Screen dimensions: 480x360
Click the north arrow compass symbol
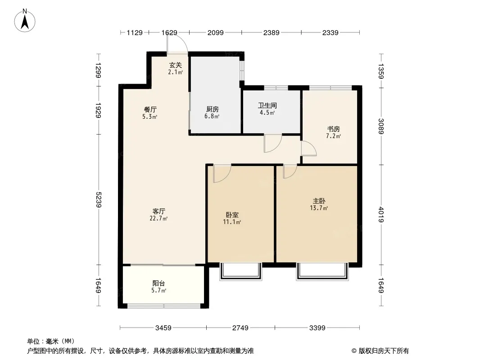(25, 21)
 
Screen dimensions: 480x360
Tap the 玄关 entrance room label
(176, 65)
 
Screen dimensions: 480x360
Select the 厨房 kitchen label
(212, 109)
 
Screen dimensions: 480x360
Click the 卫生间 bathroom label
(267, 105)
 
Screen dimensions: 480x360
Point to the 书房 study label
(333, 129)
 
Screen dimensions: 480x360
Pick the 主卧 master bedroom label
(319, 201)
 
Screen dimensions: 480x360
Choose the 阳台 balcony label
(158, 283)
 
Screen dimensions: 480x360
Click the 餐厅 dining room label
(150, 109)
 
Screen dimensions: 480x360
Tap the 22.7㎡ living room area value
(158, 218)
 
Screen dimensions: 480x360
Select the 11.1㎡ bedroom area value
(232, 222)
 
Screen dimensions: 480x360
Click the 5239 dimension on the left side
(98, 199)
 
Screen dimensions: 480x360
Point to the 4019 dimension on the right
(381, 215)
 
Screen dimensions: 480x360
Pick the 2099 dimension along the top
(216, 32)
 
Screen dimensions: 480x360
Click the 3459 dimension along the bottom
(163, 328)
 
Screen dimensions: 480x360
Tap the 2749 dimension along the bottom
(240, 328)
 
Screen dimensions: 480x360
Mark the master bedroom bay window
(322, 272)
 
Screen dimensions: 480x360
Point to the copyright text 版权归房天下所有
(383, 351)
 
